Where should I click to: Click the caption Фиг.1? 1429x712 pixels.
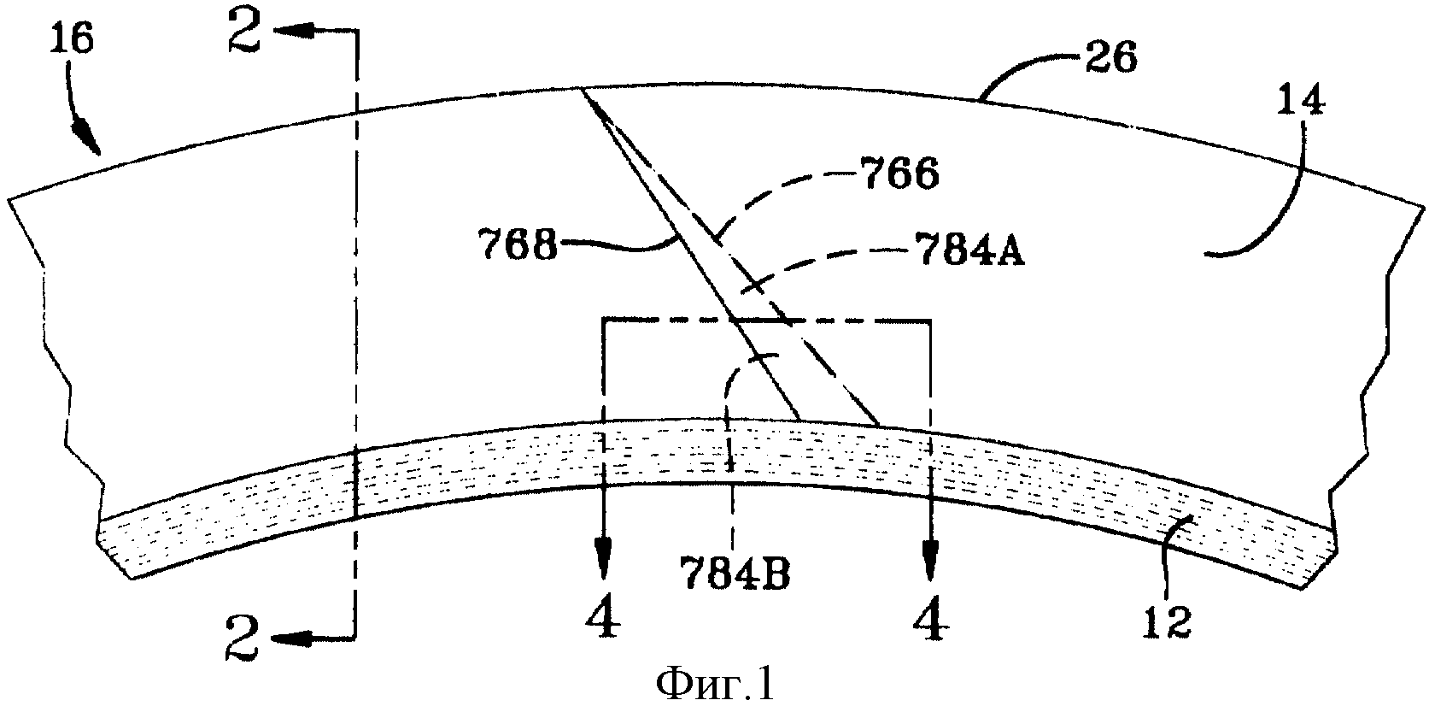click(x=714, y=686)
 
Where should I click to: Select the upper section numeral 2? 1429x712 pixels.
click(x=244, y=32)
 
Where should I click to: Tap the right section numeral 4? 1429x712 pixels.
click(x=931, y=616)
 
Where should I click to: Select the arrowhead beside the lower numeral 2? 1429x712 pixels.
click(x=291, y=638)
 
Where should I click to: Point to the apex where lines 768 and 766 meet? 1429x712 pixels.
click(x=578, y=87)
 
